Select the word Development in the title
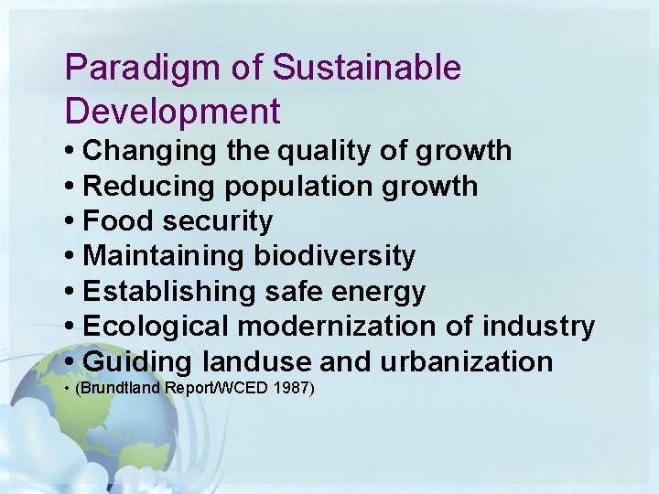tap(172, 112)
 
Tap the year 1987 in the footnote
tap(291, 390)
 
